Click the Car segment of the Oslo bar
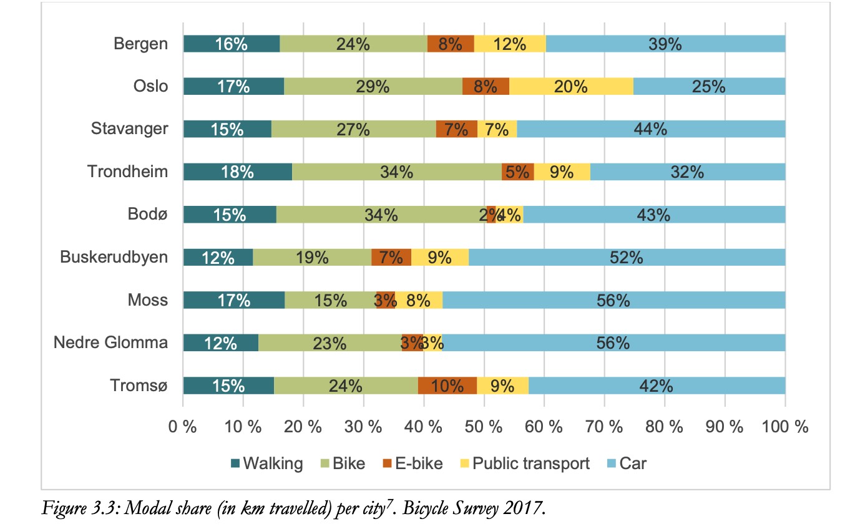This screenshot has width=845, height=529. click(709, 87)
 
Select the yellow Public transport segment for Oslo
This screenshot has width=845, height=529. click(571, 87)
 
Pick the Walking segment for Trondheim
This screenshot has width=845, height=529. click(237, 172)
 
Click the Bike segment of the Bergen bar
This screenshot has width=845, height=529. click(353, 44)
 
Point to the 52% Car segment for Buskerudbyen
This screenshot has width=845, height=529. click(627, 258)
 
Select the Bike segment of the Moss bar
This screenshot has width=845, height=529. click(330, 301)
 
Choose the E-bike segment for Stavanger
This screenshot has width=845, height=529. click(456, 130)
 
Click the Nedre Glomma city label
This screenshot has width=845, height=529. click(110, 342)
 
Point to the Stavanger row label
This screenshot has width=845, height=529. click(129, 129)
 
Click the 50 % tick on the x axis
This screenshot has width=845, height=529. click(484, 427)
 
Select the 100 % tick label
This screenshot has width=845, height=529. click(785, 427)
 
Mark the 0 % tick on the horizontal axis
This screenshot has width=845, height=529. click(183, 427)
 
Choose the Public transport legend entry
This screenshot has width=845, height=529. click(530, 463)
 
